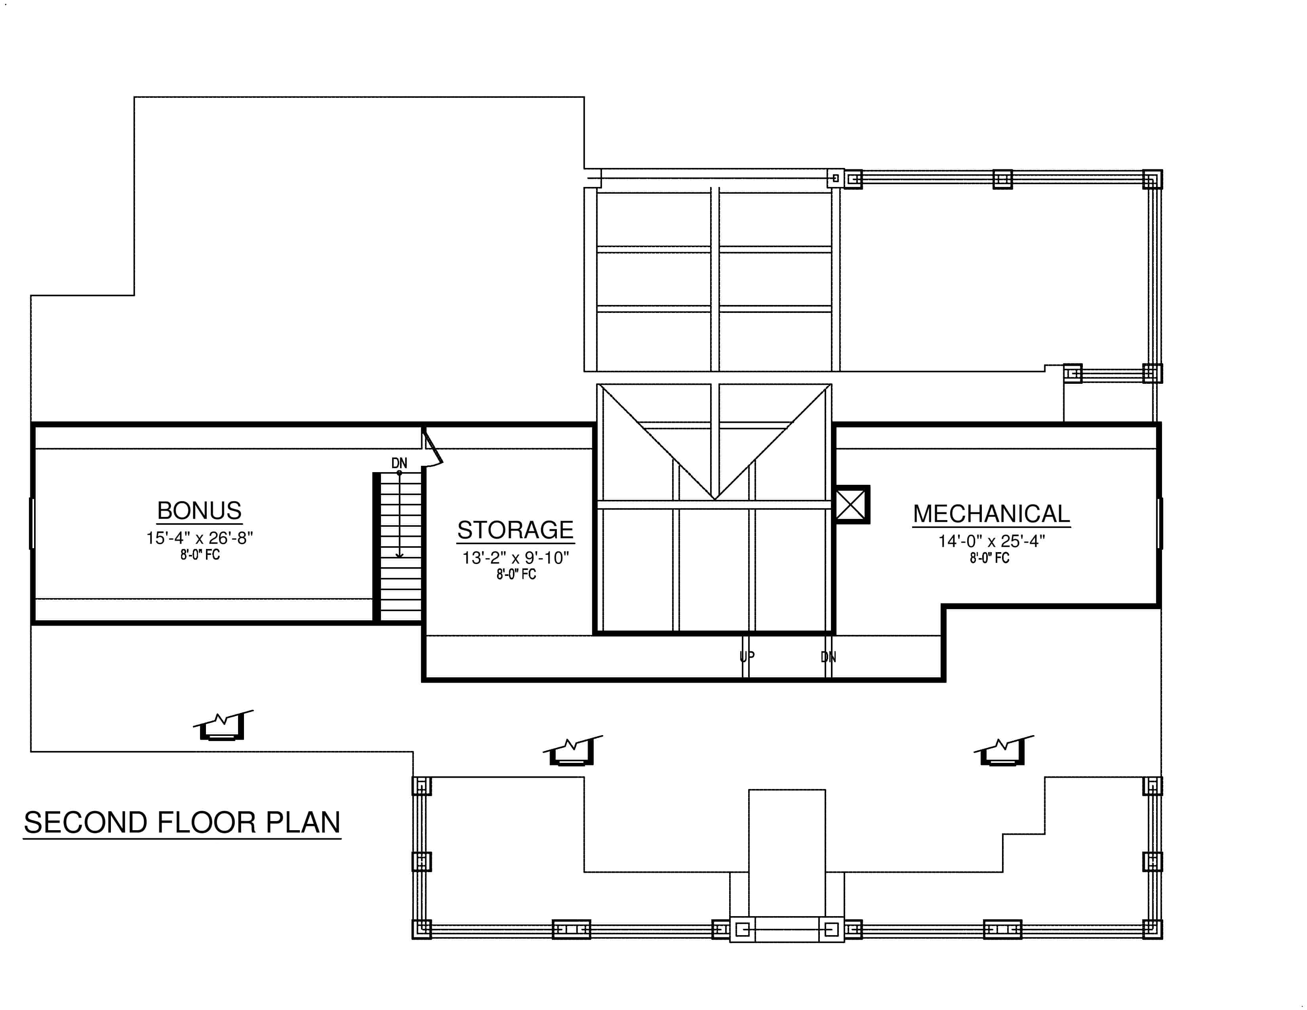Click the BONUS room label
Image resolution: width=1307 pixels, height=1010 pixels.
pyautogui.click(x=199, y=511)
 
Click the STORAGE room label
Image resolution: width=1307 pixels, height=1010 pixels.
pyautogui.click(x=515, y=530)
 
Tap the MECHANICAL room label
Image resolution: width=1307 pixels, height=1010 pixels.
pyautogui.click(x=991, y=514)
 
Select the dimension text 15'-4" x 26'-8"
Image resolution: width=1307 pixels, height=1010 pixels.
pyautogui.click(x=199, y=538)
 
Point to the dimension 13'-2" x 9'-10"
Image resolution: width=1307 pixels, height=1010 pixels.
pyautogui.click(x=515, y=558)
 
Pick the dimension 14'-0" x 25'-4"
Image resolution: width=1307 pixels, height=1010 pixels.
pyautogui.click(x=991, y=541)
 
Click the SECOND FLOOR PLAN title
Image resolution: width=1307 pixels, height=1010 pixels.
pyautogui.click(x=182, y=822)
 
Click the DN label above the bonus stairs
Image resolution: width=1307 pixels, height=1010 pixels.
pyautogui.click(x=399, y=463)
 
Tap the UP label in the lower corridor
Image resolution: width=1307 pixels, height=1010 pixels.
pyautogui.click(x=747, y=656)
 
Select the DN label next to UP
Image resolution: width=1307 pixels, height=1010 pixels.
pyautogui.click(x=828, y=657)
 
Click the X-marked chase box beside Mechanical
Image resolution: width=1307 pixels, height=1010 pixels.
pyautogui.click(x=851, y=504)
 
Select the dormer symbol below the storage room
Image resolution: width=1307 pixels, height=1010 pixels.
pyautogui.click(x=572, y=751)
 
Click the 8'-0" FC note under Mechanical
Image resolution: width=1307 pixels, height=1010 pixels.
pyautogui.click(x=989, y=558)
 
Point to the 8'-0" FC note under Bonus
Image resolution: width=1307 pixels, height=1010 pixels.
pyautogui.click(x=200, y=555)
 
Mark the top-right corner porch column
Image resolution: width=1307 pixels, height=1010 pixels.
pyautogui.click(x=1152, y=179)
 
